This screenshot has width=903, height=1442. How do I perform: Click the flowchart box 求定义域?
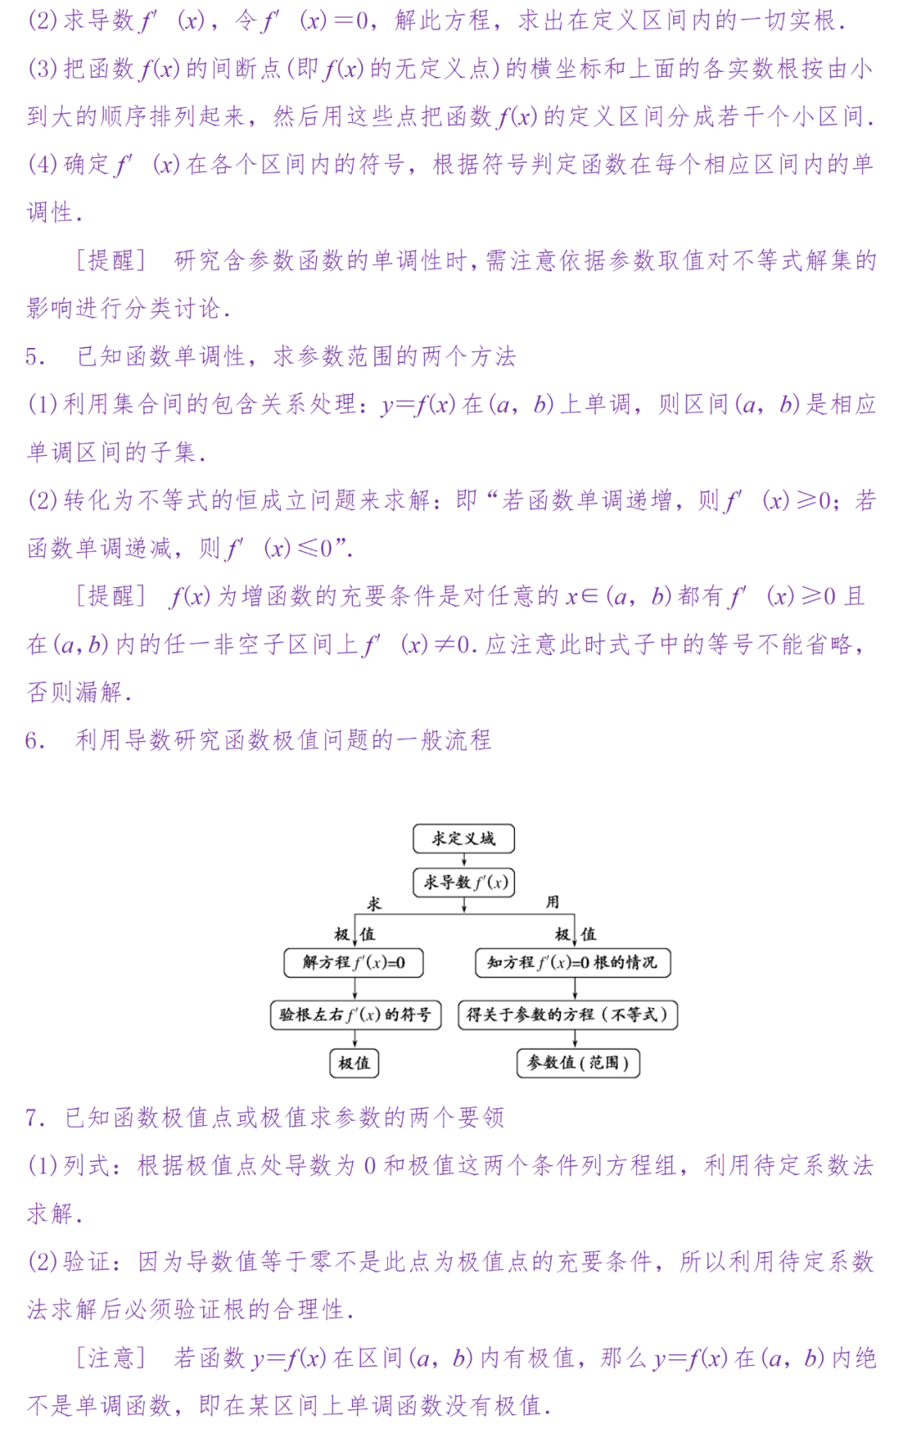(x=463, y=838)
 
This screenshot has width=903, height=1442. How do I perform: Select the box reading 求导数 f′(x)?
(x=464, y=882)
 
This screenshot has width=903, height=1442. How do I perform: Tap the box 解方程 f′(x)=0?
(x=354, y=963)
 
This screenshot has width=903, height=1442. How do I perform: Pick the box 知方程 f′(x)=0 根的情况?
(x=573, y=963)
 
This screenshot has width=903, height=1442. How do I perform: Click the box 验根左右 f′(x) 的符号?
(x=355, y=1015)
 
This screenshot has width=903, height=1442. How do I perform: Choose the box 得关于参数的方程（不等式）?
(x=568, y=1015)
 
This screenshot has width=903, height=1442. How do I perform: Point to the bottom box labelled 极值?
(x=354, y=1063)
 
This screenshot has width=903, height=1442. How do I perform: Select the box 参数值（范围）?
(x=578, y=1063)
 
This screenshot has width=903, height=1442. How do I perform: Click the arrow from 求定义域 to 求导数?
(x=464, y=860)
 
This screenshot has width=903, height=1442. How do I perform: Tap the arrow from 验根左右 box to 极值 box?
(x=355, y=1039)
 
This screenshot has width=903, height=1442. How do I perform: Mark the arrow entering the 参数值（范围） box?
(x=574, y=1039)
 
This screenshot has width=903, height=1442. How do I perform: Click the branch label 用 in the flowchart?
(x=553, y=902)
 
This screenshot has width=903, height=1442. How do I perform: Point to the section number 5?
(x=34, y=357)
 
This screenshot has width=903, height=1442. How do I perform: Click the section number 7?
(x=33, y=1118)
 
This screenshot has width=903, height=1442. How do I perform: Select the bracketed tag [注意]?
(x=111, y=1357)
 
